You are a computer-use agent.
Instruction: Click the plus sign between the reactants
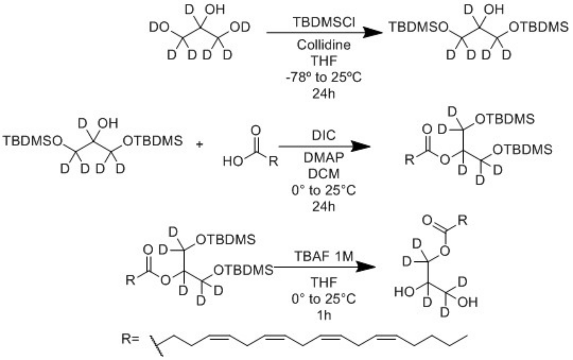click(x=200, y=143)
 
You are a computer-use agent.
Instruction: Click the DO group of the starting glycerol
click(x=158, y=28)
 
